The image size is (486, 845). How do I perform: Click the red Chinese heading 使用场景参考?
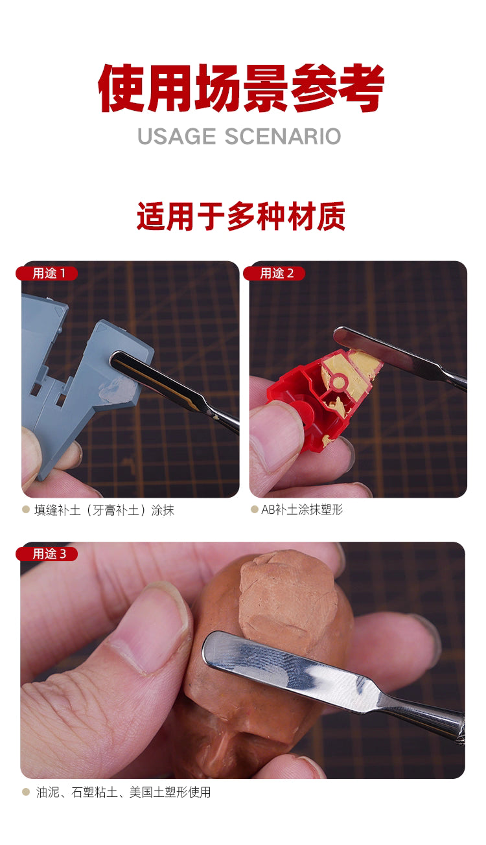click(x=241, y=89)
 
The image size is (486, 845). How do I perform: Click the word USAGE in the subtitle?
click(x=176, y=136)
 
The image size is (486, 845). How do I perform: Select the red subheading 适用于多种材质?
click(x=240, y=216)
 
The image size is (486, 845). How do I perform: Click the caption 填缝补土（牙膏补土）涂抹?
click(x=104, y=510)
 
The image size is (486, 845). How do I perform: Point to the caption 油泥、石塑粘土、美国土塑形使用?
click(x=123, y=792)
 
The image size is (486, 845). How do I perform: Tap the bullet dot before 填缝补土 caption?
click(x=26, y=510)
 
